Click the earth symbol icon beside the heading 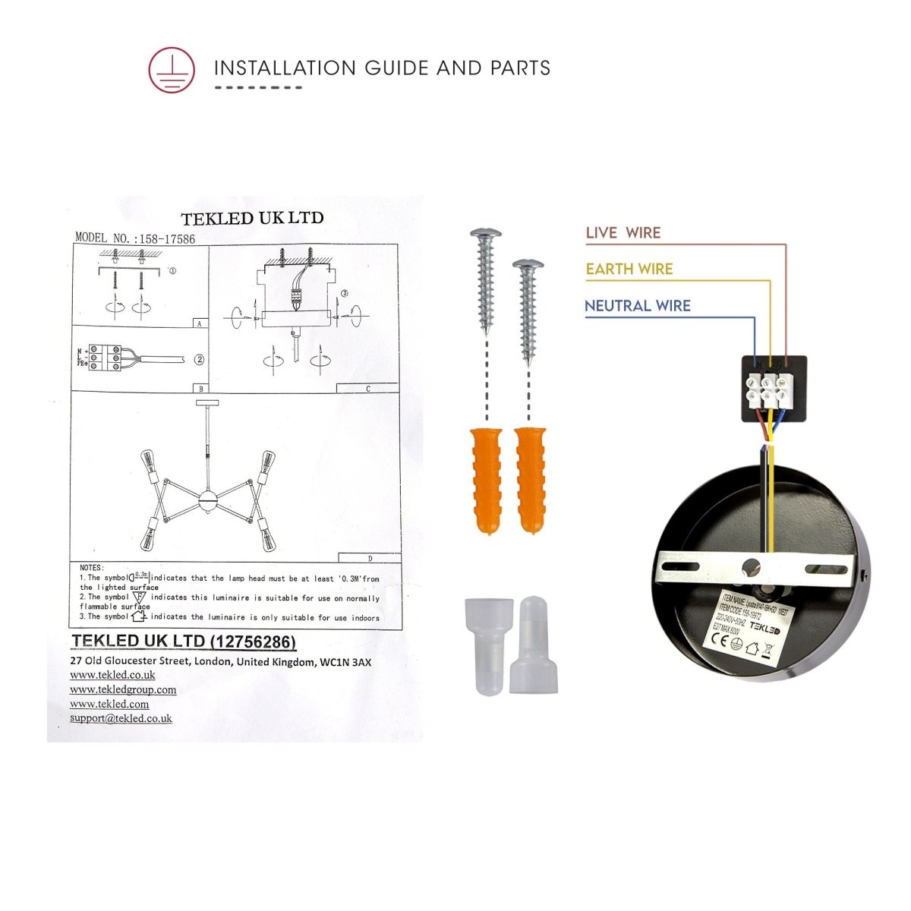pyautogui.click(x=172, y=70)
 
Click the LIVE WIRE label pyautogui.click(x=623, y=233)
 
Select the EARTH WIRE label pyautogui.click(x=629, y=269)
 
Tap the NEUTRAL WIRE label pyautogui.click(x=637, y=306)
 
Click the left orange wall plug pyautogui.click(x=486, y=482)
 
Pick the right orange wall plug pyautogui.click(x=530, y=481)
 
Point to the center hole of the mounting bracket pyautogui.click(x=752, y=566)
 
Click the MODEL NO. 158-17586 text pyautogui.click(x=135, y=238)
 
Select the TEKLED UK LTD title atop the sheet pyautogui.click(x=252, y=218)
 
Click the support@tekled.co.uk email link pyautogui.click(x=121, y=718)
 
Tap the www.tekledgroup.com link pyautogui.click(x=123, y=689)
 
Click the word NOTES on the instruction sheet pyautogui.click(x=92, y=568)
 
